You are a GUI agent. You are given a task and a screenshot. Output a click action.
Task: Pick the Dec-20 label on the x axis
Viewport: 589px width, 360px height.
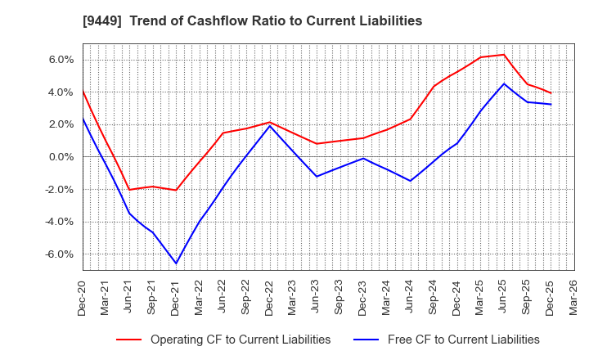(x=83, y=296)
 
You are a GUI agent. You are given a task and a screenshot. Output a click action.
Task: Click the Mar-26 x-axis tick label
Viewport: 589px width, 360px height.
(x=573, y=296)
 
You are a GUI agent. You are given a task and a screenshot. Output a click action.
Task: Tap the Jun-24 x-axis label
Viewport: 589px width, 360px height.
(x=410, y=296)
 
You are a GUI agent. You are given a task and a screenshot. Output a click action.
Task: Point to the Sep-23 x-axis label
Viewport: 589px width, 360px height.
(x=339, y=296)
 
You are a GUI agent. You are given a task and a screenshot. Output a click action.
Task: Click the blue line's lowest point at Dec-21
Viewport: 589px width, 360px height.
(x=176, y=263)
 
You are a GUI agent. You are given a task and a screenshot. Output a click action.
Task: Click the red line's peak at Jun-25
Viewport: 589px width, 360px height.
(x=504, y=55)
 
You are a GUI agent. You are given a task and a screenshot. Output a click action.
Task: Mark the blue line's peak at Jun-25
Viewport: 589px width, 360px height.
(x=504, y=83)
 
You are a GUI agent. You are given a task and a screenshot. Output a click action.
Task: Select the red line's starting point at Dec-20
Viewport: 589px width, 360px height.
(x=83, y=90)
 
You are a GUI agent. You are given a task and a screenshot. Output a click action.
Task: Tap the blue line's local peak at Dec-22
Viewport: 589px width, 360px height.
(x=270, y=125)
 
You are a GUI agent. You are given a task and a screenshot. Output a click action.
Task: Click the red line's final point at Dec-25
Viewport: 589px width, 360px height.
(x=551, y=93)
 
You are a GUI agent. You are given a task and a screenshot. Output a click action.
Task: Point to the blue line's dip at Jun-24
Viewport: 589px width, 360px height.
(x=410, y=181)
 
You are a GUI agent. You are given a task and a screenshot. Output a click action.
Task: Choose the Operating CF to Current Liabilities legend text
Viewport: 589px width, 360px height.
(x=241, y=340)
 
